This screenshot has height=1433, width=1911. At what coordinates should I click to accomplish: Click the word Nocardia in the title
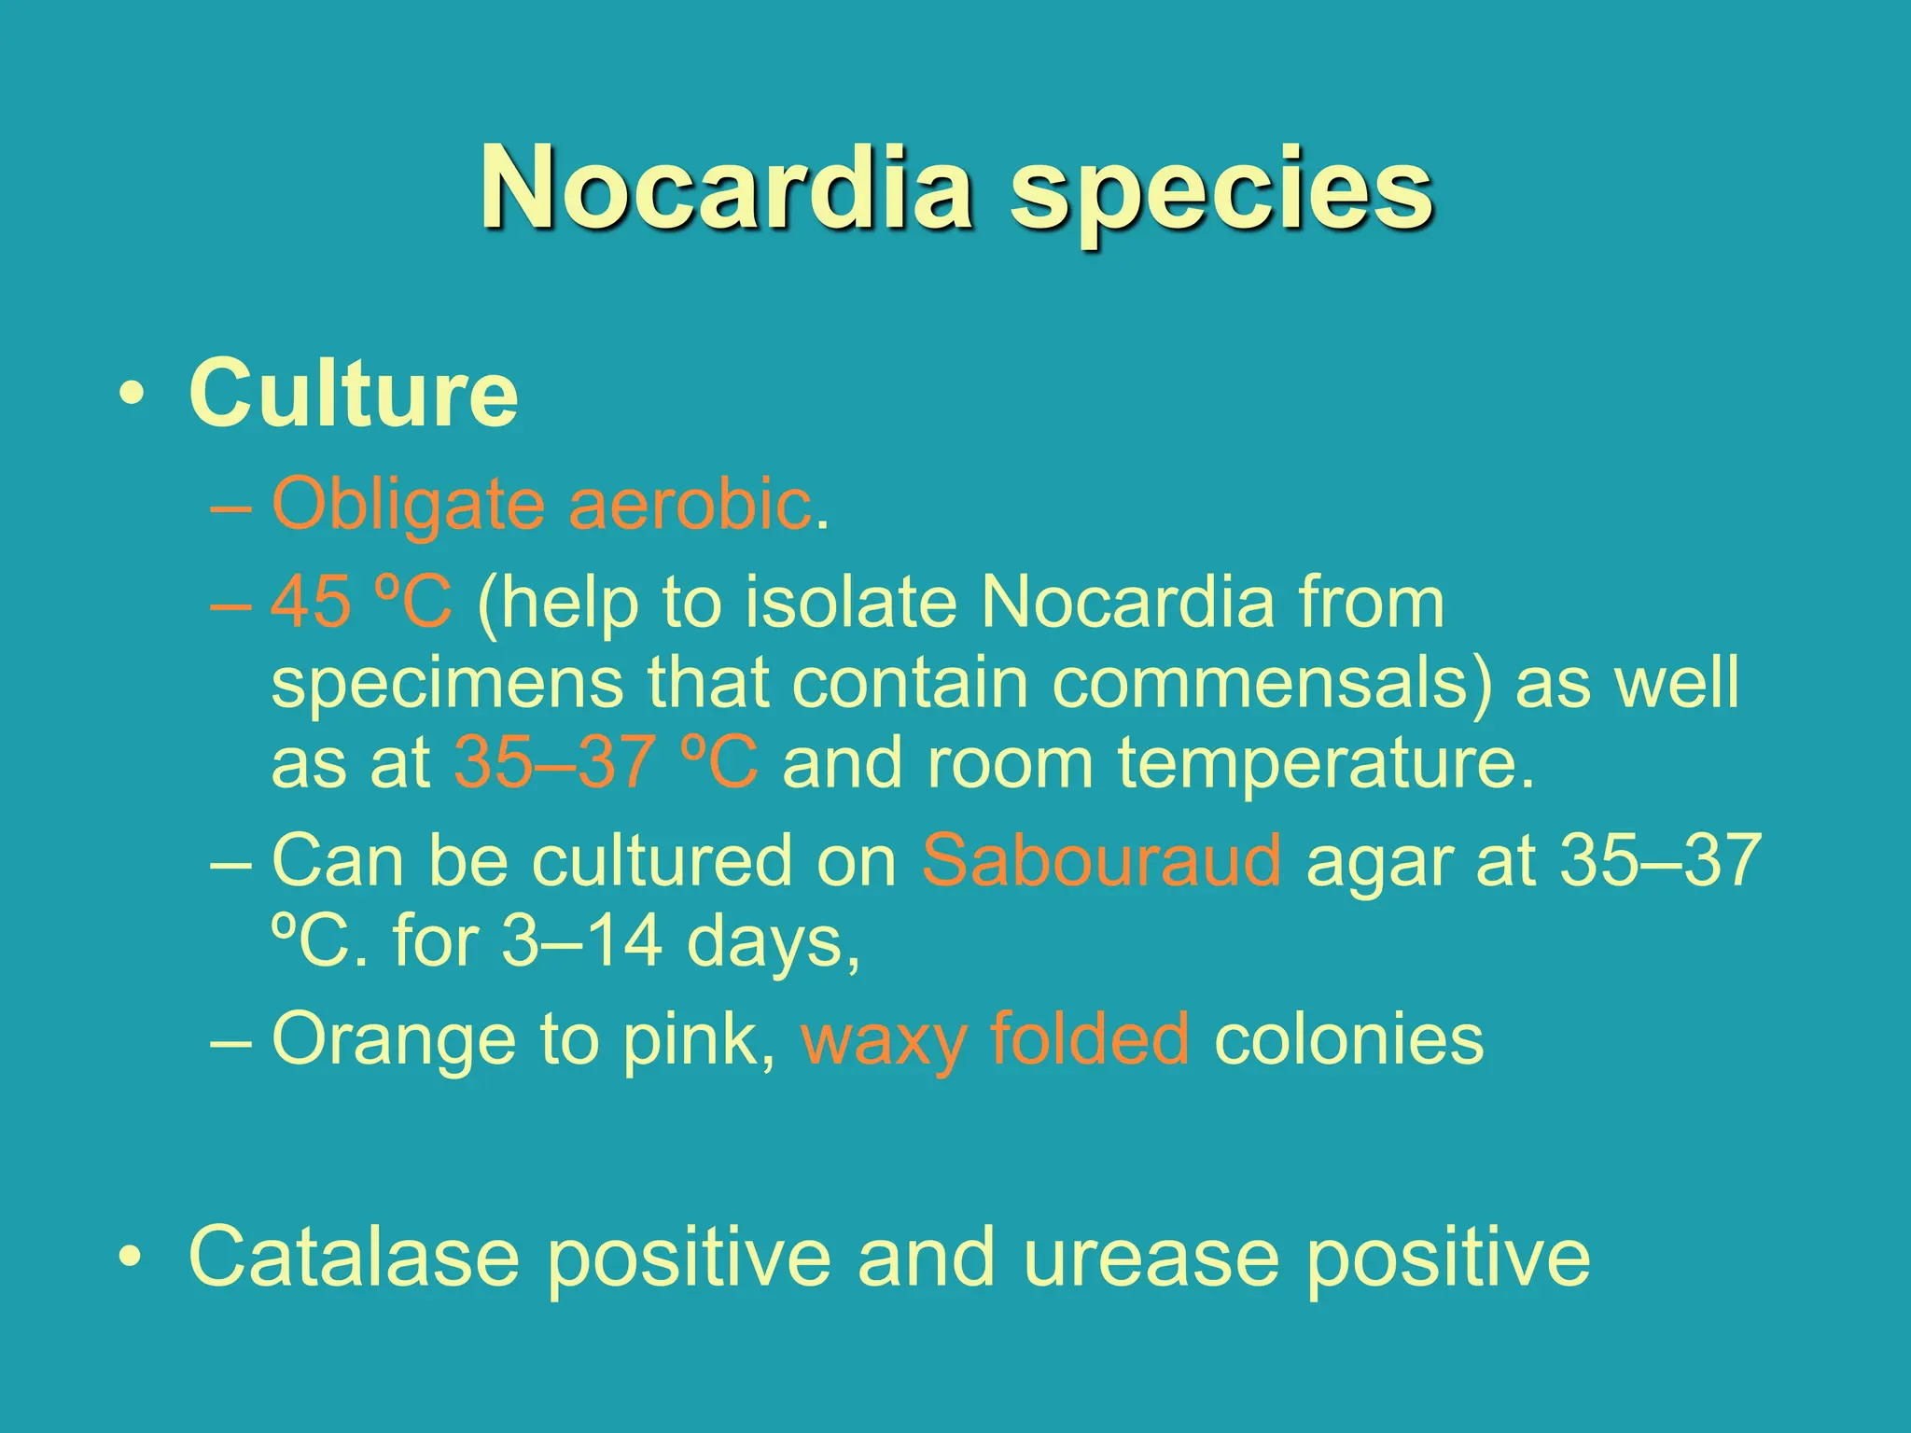(x=727, y=189)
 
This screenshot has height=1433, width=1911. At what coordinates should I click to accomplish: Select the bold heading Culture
(x=353, y=394)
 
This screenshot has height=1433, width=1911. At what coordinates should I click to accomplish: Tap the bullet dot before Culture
(x=132, y=396)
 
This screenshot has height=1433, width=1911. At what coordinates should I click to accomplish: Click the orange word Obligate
(x=408, y=505)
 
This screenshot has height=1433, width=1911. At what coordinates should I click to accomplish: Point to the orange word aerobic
(x=690, y=505)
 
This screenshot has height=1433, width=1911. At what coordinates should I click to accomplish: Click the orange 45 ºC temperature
(x=361, y=602)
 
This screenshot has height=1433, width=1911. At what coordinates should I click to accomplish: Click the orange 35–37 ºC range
(x=606, y=762)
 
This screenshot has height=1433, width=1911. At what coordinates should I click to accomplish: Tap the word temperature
(x=1325, y=762)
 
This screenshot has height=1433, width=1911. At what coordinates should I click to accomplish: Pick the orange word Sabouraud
(x=1101, y=860)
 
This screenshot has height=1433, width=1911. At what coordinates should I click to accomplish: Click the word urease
(x=1150, y=1258)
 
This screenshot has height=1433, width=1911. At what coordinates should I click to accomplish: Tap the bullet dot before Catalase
(x=132, y=1258)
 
